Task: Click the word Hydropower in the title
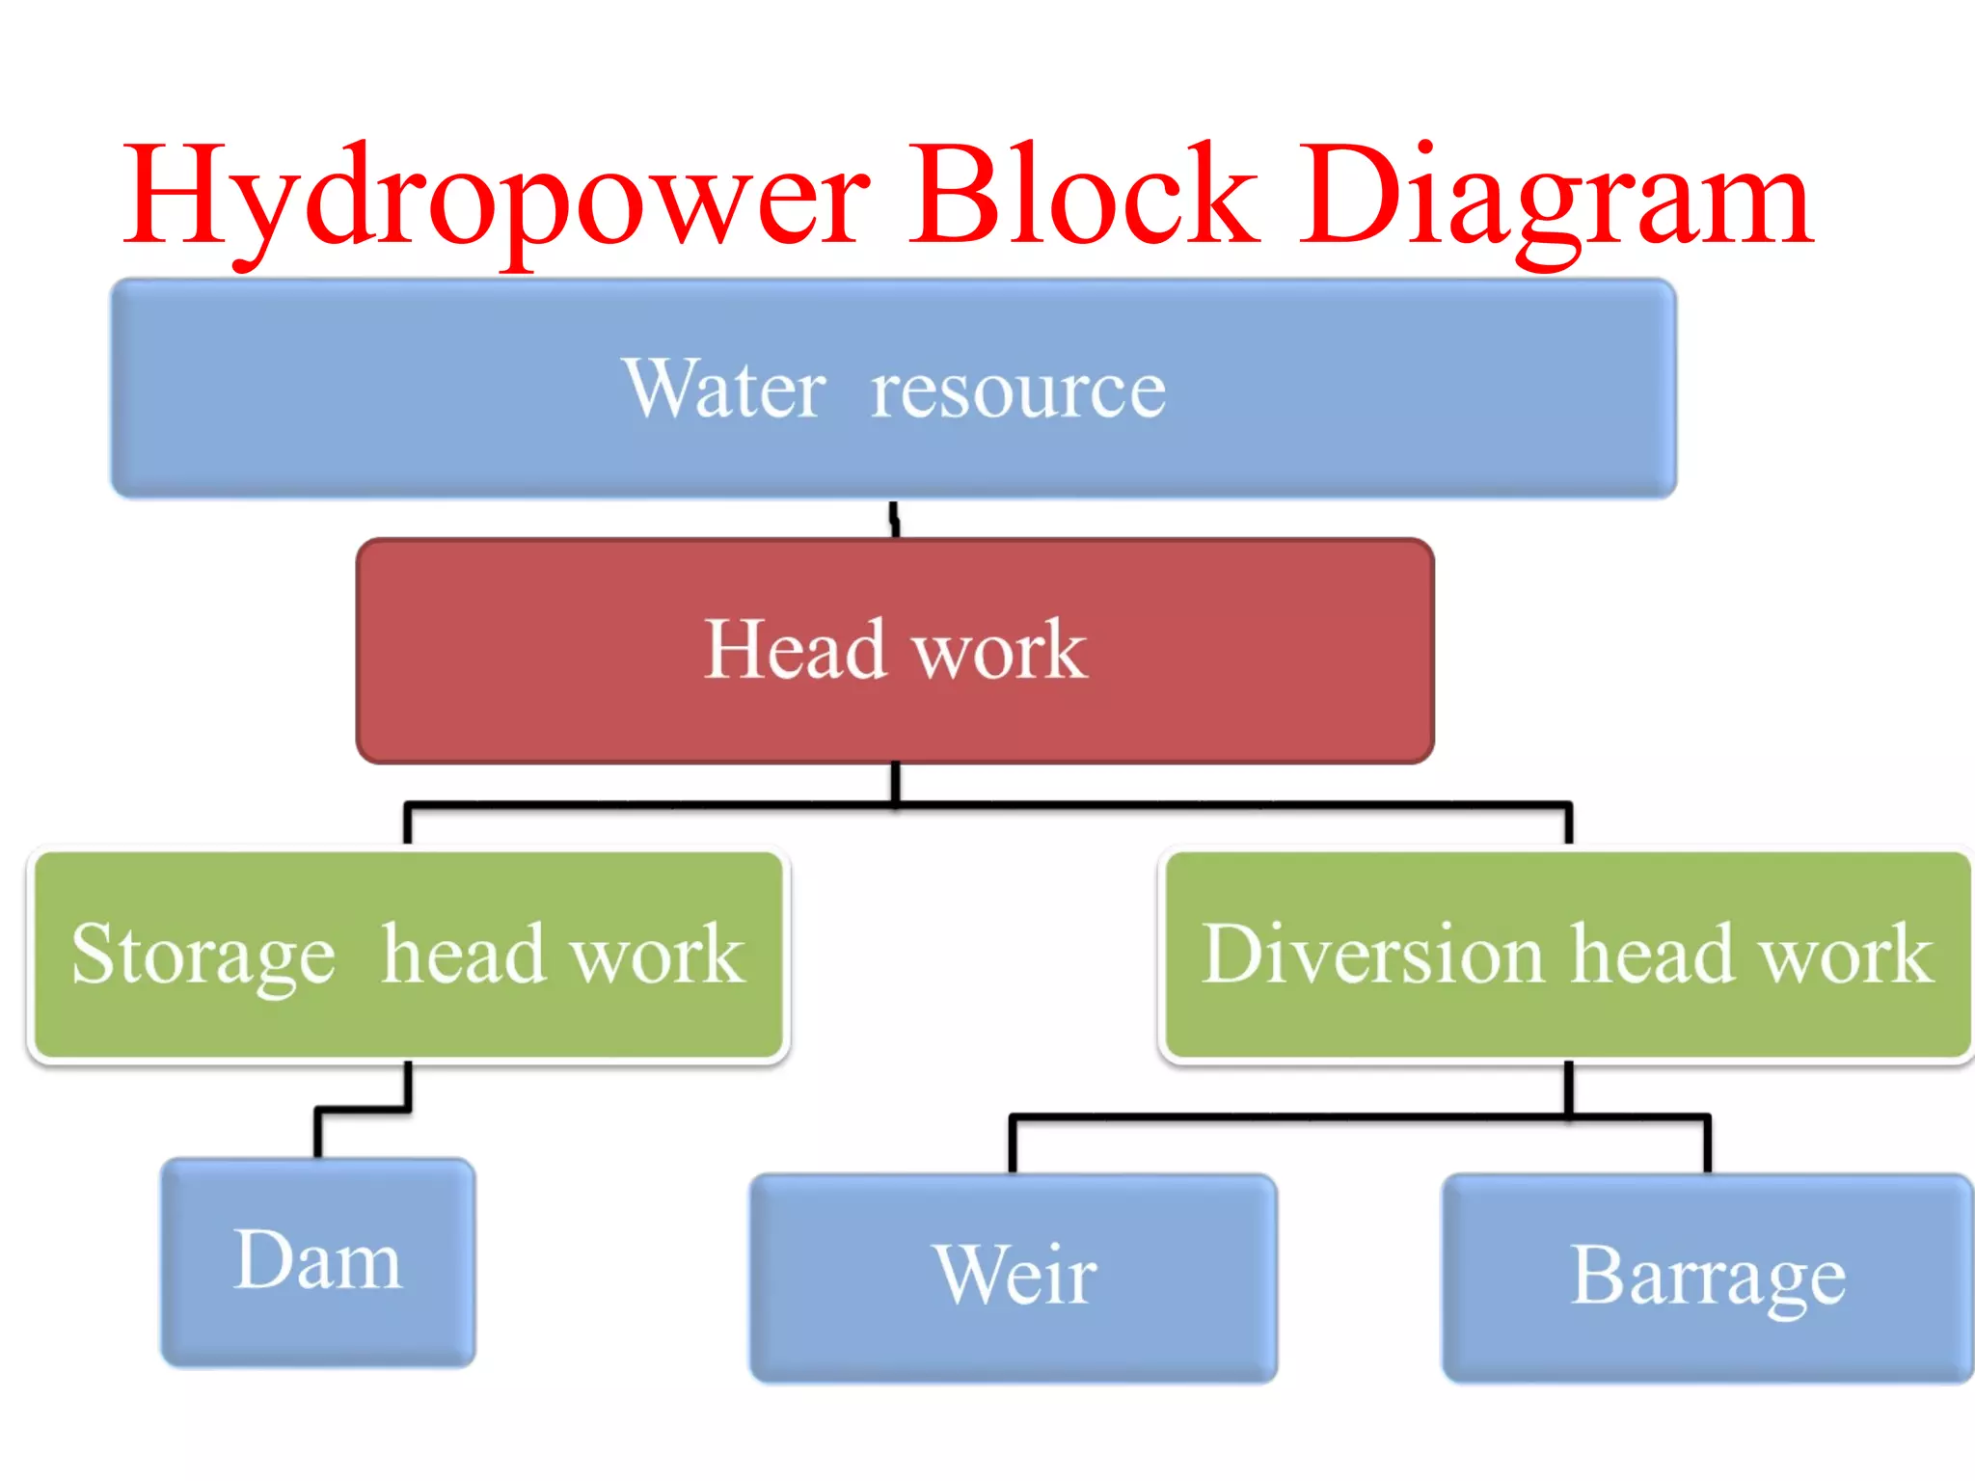(497, 198)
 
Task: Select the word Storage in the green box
(203, 955)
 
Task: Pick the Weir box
(1014, 1277)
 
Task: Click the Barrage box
(1708, 1277)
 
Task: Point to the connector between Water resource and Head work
(895, 520)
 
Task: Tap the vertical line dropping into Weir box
(1013, 1145)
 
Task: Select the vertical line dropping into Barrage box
(1707, 1145)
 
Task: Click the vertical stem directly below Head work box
(896, 782)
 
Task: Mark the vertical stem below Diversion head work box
(1569, 1089)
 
